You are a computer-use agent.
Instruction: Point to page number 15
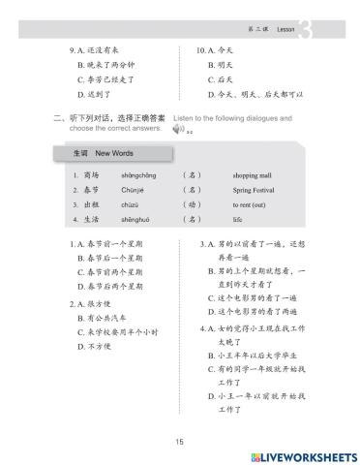[x=179, y=442]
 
